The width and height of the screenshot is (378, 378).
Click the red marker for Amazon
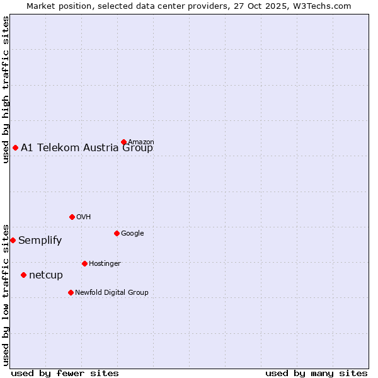pos(123,142)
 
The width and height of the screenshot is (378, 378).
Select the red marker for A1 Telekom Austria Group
pos(15,147)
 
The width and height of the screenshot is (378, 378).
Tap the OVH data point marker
pos(72,217)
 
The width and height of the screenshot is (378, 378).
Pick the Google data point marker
pos(117,233)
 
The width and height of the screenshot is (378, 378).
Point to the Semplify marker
pos(13,240)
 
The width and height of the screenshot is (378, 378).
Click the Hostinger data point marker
pos(84,263)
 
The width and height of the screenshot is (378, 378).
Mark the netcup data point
pos(23,275)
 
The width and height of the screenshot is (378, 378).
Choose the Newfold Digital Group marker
pos(71,292)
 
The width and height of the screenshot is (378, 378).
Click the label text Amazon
pos(141,142)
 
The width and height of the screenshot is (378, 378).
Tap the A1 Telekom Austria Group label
pos(87,148)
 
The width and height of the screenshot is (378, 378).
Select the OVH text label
pos(84,217)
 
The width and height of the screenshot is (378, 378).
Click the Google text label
pos(132,233)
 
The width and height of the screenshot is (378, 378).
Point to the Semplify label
pos(40,240)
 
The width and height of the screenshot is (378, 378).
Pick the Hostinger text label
pos(105,263)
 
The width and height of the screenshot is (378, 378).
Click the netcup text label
pos(46,275)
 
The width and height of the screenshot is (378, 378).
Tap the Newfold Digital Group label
pos(112,292)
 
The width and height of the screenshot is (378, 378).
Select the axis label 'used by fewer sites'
pos(65,373)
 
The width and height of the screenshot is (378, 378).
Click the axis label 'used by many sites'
pos(316,373)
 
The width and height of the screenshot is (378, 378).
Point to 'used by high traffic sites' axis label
pos(6,89)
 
